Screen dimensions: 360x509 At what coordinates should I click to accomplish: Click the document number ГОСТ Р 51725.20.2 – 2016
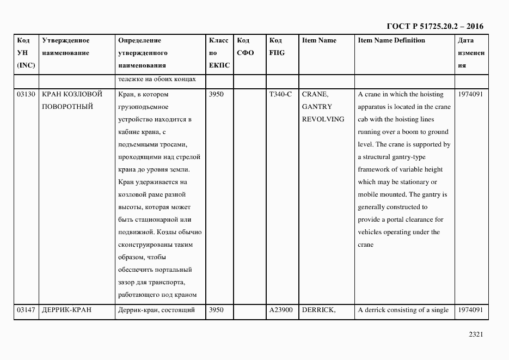click(x=434, y=26)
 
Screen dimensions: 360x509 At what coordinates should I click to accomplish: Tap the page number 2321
click(x=476, y=335)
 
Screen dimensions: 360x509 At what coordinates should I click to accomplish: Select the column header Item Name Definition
click(x=391, y=41)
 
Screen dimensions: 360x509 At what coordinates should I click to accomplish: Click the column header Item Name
click(x=319, y=41)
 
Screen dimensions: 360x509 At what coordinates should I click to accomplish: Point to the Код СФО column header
click(x=246, y=47)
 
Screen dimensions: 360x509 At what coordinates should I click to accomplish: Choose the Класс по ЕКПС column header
click(x=219, y=53)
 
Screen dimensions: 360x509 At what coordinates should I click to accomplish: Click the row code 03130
click(x=26, y=94)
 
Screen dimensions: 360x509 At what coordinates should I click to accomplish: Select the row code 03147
click(x=26, y=310)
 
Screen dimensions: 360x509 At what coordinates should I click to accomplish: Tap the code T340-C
click(x=280, y=94)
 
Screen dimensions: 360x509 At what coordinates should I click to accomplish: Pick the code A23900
click(x=281, y=310)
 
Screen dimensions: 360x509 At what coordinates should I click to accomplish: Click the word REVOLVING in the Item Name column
click(x=323, y=119)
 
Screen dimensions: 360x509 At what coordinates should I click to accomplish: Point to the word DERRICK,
click(x=318, y=310)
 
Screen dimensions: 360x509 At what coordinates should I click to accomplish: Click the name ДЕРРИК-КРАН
click(x=66, y=310)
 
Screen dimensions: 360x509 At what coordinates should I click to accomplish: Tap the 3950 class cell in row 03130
click(x=216, y=94)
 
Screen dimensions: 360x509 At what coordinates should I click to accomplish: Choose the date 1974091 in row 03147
click(x=470, y=310)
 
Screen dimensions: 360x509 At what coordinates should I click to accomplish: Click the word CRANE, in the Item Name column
click(x=315, y=94)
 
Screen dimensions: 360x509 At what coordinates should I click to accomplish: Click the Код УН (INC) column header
click(x=26, y=53)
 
